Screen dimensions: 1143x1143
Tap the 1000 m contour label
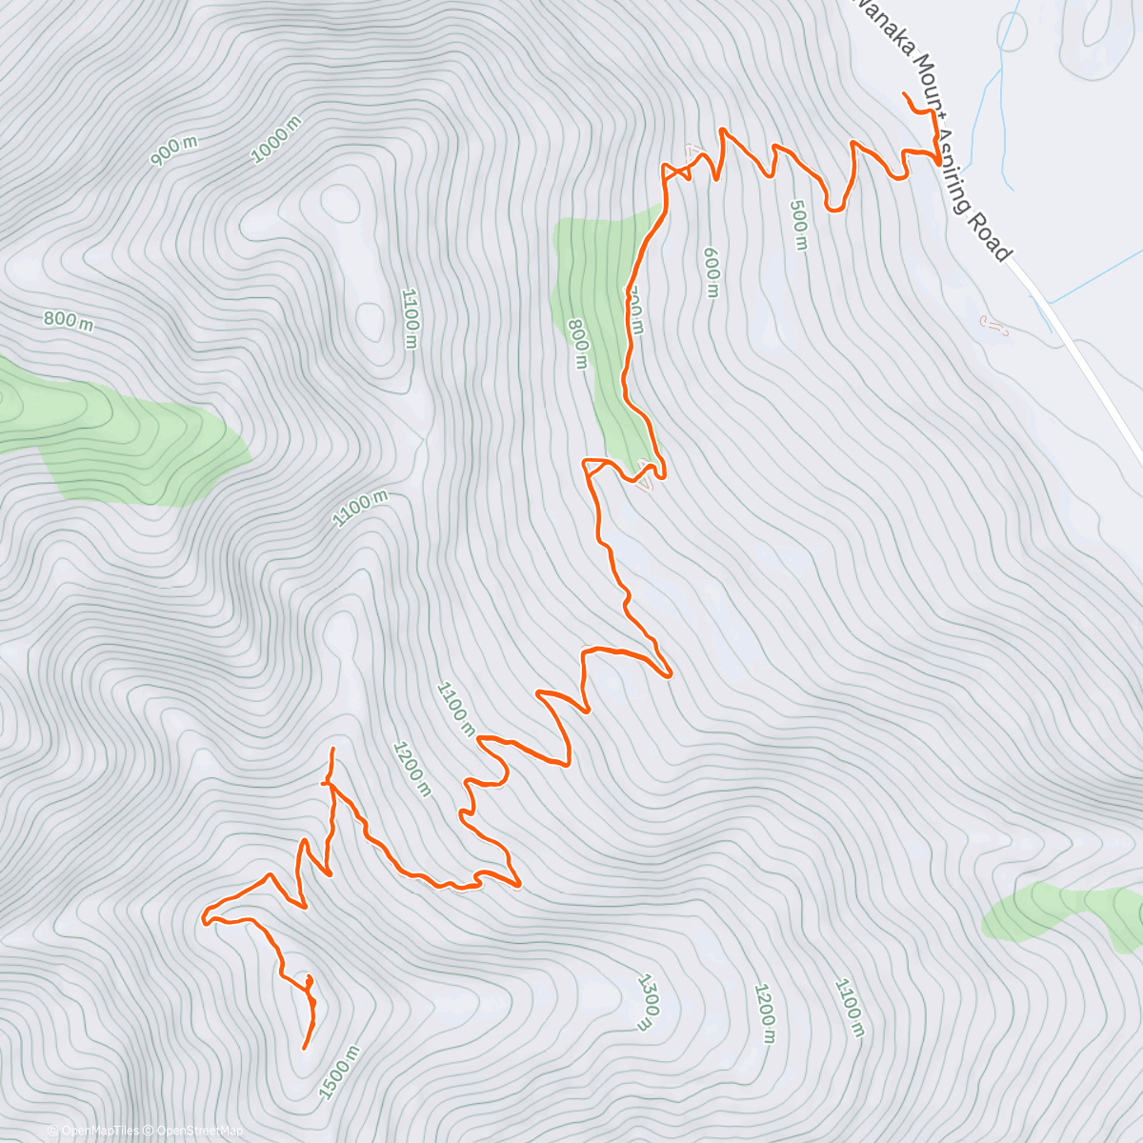[276, 139]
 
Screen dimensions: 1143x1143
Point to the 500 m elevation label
[798, 225]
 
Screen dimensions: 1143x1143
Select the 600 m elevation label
[711, 271]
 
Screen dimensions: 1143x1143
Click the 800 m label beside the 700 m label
[578, 344]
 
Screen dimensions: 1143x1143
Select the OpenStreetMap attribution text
[195, 1131]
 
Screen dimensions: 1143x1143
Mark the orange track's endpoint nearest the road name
[903, 93]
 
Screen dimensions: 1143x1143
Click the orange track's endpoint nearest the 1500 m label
[304, 1049]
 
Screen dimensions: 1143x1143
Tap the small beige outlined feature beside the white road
[993, 326]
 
